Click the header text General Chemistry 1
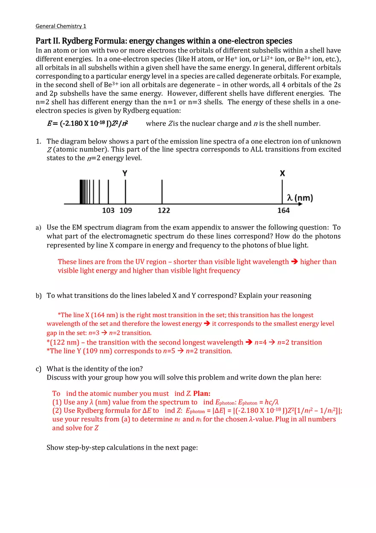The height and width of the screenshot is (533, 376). click(61, 26)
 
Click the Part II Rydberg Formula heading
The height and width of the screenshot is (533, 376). click(164, 41)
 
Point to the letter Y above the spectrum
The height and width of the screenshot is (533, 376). click(125, 173)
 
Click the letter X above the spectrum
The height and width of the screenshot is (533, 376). click(282, 173)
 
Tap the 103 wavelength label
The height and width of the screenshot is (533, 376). click(109, 210)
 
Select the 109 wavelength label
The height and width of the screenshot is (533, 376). click(126, 210)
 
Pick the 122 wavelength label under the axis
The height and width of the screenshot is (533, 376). click(164, 210)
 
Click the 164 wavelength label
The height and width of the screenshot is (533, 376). click(283, 210)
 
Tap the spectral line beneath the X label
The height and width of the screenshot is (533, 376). click(282, 191)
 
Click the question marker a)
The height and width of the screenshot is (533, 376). click(38, 228)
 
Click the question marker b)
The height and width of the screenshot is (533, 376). click(38, 296)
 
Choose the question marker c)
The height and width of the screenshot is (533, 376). click(38, 369)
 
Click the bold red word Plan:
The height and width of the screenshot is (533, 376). click(202, 393)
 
